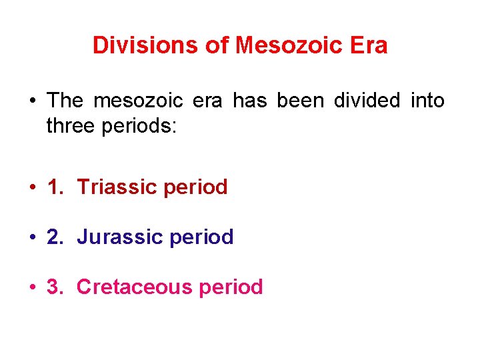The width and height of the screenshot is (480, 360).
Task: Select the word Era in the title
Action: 369,45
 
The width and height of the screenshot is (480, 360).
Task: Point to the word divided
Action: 367,101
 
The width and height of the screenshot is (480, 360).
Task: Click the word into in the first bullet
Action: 427,101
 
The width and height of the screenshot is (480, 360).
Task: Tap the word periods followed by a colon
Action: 140,127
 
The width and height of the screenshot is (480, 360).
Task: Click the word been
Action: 302,101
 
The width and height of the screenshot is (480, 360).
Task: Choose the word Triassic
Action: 113,187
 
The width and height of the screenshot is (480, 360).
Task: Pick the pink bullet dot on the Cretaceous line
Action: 32,288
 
